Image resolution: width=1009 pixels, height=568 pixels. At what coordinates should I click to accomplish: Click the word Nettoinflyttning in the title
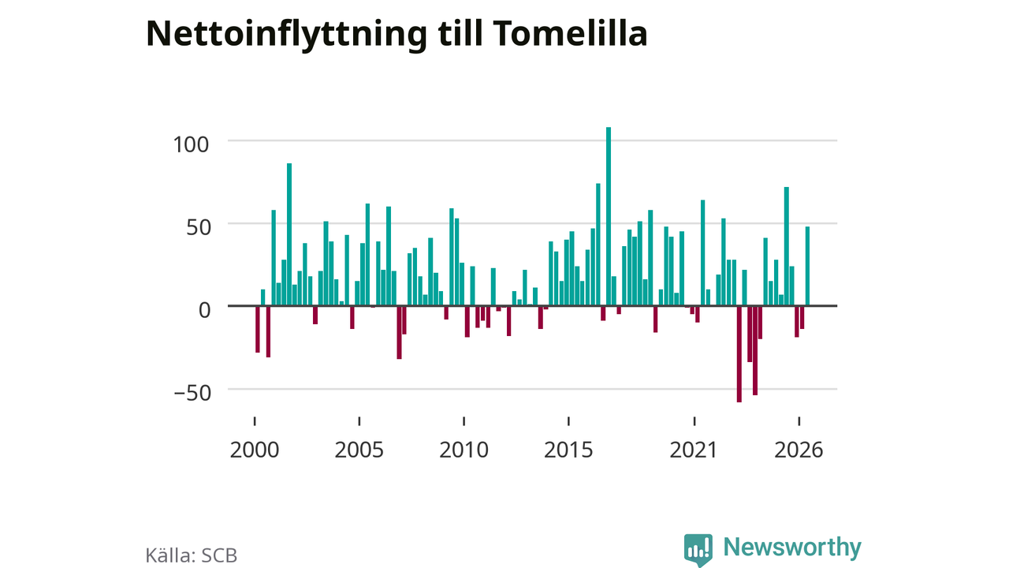286,35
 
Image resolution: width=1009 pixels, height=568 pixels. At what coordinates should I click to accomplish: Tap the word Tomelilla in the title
570,33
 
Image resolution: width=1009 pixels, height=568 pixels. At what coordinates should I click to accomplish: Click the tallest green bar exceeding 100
609,216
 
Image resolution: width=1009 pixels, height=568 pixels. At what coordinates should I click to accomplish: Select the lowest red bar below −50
739,354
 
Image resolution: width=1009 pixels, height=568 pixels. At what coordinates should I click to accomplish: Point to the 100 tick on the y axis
191,144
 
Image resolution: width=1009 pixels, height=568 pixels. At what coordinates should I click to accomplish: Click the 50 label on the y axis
198,227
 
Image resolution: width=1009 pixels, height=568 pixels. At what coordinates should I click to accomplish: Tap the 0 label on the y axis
204,310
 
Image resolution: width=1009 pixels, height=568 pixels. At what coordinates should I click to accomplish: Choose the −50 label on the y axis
192,393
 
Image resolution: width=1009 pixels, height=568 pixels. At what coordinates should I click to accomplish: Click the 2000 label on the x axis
255,450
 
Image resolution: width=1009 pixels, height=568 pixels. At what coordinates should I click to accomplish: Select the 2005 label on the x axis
359,450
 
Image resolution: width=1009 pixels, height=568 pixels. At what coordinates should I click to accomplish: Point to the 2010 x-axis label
464,450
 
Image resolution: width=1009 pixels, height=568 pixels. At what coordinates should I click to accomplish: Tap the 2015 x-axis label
568,450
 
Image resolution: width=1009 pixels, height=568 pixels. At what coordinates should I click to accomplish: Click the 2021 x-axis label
693,450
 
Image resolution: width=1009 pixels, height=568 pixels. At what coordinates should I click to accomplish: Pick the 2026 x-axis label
799,450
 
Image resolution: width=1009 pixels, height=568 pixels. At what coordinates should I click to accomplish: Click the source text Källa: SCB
191,555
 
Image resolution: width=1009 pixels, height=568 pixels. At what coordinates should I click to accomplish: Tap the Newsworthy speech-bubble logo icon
698,550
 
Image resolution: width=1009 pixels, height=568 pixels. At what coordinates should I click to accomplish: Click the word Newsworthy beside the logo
792,547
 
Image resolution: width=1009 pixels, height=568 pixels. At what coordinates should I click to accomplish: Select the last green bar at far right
807,266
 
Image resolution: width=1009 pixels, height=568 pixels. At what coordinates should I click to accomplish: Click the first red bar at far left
258,329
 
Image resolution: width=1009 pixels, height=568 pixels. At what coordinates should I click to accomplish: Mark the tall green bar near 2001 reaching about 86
289,234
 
